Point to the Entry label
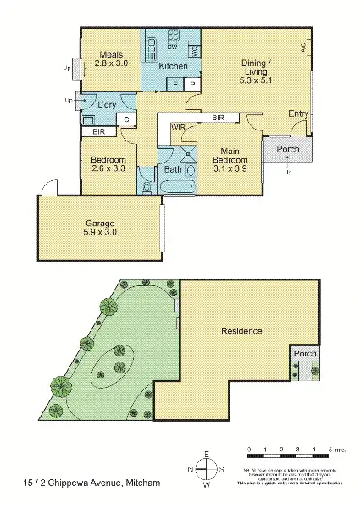(x=298, y=113)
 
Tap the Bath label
(x=174, y=169)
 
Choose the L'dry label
(x=107, y=104)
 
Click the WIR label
(x=179, y=127)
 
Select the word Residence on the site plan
(x=241, y=330)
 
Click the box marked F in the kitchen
(x=174, y=85)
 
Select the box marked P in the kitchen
(x=192, y=85)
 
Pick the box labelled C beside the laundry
(x=126, y=119)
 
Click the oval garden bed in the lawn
(x=113, y=366)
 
